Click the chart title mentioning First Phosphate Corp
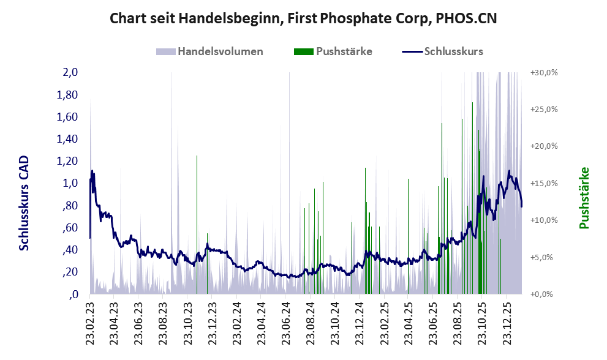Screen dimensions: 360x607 303,18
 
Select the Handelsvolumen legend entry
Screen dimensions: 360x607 220,51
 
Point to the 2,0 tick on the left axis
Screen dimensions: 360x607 70,72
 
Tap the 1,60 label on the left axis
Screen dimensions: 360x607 68,117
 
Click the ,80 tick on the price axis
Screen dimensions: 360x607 71,206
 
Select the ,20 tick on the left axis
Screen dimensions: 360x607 71,272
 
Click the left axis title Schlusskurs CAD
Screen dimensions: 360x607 25,202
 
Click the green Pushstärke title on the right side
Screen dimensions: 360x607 584,198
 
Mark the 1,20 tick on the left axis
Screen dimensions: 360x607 68,161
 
